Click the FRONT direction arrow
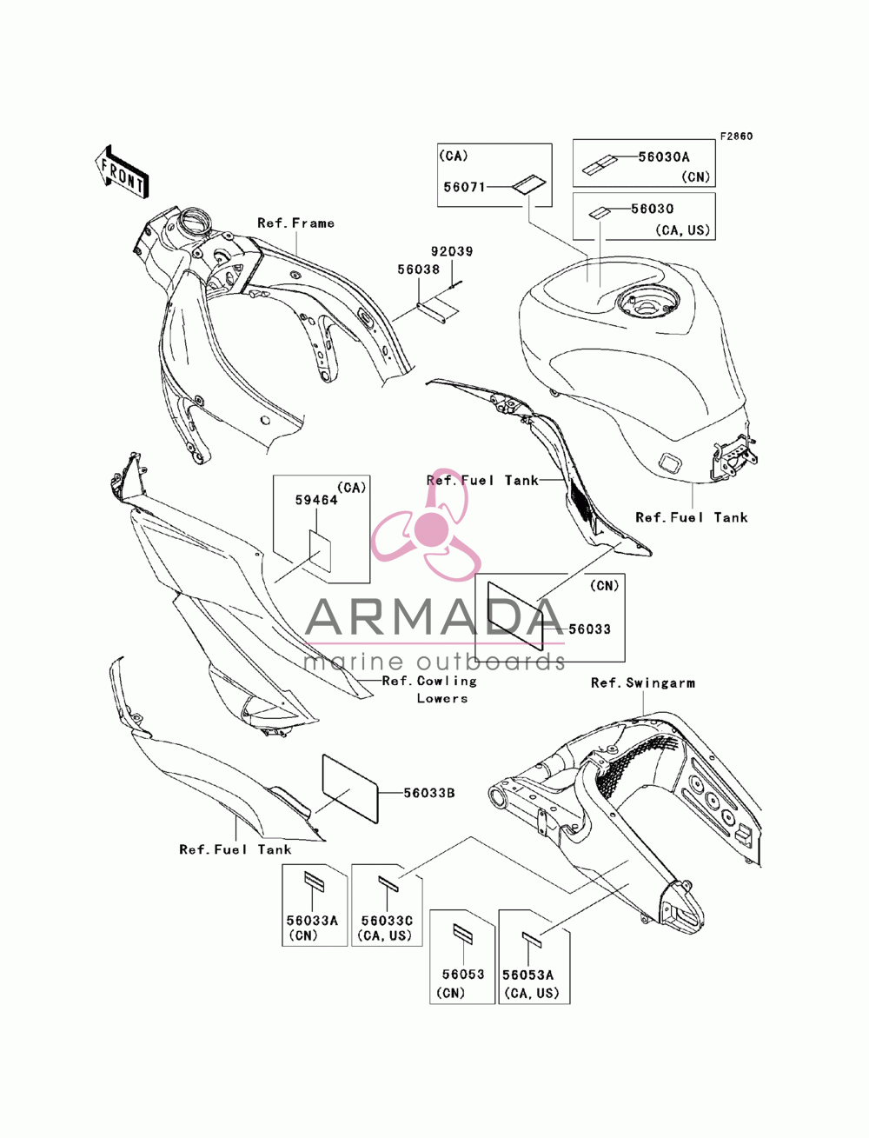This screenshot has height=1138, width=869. (122, 171)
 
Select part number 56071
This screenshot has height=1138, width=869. (464, 187)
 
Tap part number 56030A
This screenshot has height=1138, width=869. (663, 157)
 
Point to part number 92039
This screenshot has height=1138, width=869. (452, 251)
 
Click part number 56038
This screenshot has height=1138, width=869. (418, 270)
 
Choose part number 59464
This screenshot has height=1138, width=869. (316, 500)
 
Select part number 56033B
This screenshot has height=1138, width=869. (429, 793)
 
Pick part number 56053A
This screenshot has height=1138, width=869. (527, 975)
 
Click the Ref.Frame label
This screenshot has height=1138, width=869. (295, 223)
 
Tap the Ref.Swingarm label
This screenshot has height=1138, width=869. (642, 683)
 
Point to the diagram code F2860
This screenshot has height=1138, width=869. (736, 136)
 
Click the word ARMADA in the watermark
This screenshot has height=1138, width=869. (434, 616)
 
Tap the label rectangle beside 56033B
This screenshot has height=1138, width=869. (350, 788)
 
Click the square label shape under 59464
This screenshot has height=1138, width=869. (320, 550)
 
